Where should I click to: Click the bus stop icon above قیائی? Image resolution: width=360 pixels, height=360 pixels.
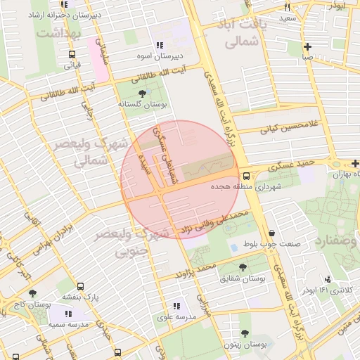[x=72, y=54]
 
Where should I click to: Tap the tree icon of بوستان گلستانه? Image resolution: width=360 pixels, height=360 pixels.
[x=143, y=93]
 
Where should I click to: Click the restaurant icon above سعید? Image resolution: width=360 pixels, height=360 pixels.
[x=286, y=6]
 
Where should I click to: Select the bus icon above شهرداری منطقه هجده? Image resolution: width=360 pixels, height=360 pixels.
[x=246, y=176]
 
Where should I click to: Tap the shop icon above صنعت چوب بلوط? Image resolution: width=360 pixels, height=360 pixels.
[x=271, y=233]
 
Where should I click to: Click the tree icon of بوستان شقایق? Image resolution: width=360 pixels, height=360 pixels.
[x=243, y=267]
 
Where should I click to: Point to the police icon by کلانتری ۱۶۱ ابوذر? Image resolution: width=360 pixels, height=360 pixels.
[x=327, y=280]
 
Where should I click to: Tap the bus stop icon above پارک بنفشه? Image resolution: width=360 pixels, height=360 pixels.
[x=80, y=286]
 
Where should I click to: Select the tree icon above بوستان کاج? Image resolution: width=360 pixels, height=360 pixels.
[x=32, y=293]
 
